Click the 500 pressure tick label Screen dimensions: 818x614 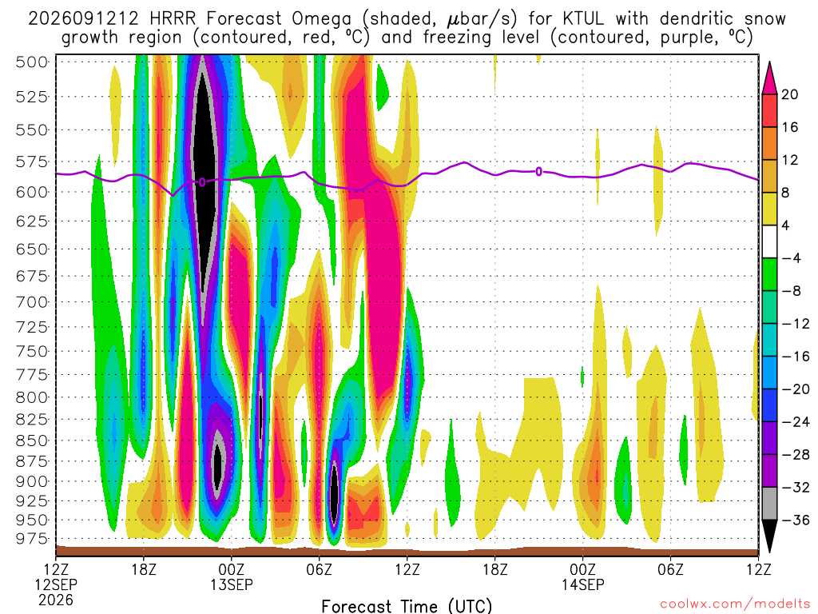32,62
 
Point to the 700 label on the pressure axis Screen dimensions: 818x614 32,301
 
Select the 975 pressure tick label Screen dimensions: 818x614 32,538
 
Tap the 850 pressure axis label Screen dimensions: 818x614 32,441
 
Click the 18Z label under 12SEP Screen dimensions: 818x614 144,569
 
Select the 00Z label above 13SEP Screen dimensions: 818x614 231,569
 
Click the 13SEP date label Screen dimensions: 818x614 231,584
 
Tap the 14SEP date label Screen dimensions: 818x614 582,584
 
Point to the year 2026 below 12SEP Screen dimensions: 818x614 56,600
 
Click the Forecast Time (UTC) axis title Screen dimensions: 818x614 407,606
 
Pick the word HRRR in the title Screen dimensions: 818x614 173,19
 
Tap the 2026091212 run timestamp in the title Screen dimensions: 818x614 83,19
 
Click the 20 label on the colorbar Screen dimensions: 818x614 790,94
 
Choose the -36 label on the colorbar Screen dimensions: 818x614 795,520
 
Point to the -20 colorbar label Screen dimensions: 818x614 795,389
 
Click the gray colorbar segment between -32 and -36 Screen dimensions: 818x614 769,504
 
